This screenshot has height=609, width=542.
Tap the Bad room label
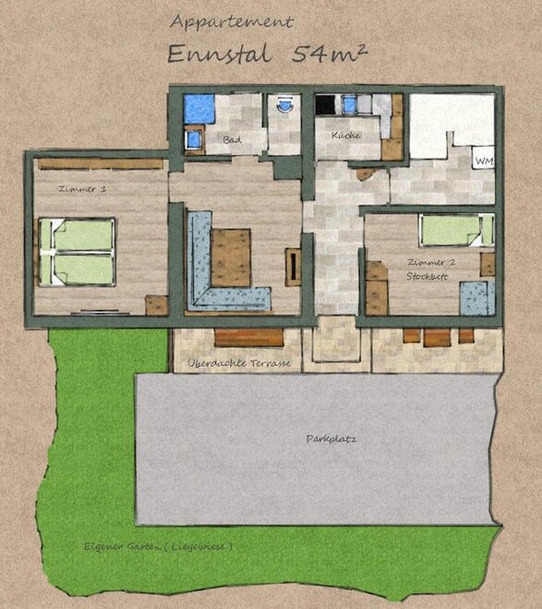coord(232,140)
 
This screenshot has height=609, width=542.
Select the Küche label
coord(346,135)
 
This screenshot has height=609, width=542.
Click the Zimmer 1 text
coord(82,189)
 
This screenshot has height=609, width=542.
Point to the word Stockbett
coord(427,277)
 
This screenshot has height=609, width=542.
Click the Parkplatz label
coord(331,439)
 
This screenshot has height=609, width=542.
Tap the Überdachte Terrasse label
coord(239,364)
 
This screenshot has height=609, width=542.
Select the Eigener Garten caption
coord(158,546)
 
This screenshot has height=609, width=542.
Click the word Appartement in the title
coord(232,22)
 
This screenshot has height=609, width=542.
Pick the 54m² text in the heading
coord(330,54)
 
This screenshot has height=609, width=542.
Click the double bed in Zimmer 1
coord(78,252)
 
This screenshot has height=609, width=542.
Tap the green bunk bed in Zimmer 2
coord(456,231)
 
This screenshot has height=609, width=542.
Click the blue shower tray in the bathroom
coord(199,108)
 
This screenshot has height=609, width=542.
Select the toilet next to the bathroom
coord(284,104)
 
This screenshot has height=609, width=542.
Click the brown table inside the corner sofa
coord(231,257)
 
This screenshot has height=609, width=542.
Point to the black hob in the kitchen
coord(325,104)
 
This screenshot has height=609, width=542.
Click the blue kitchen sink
coord(350,104)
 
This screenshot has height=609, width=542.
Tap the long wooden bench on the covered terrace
coord(248,337)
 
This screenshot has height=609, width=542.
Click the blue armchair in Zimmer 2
coord(477,298)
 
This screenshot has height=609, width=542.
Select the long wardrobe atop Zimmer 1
coord(101,163)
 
